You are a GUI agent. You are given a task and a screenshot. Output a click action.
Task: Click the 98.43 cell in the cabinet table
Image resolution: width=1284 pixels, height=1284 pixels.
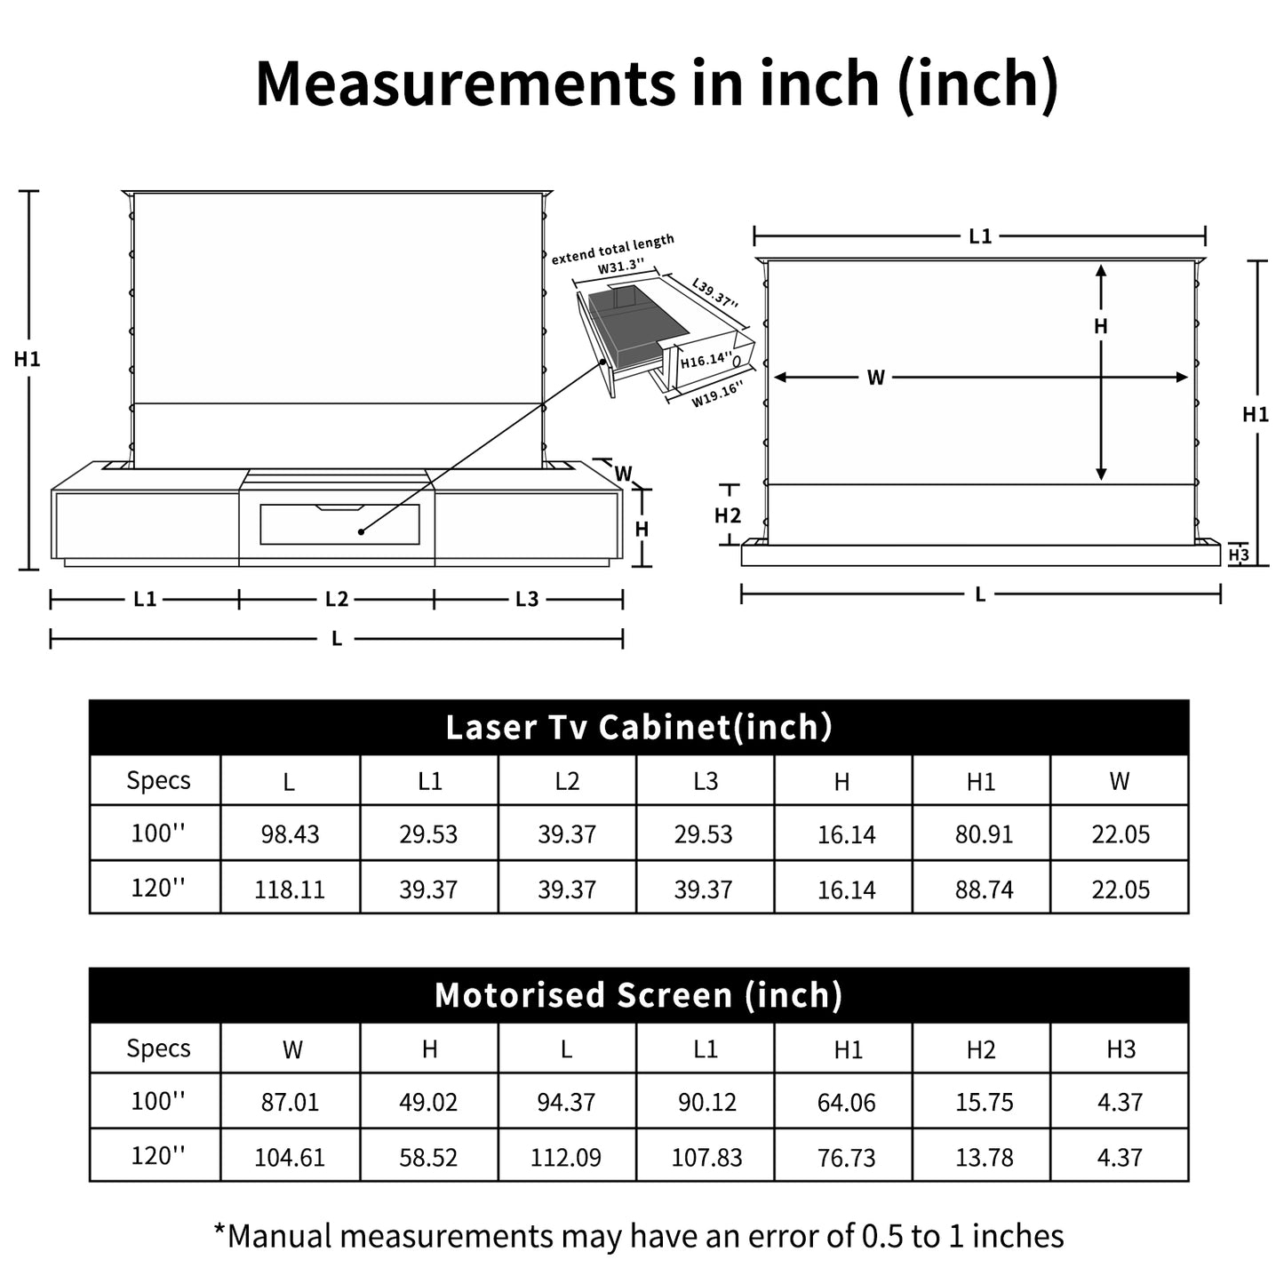[x=290, y=834]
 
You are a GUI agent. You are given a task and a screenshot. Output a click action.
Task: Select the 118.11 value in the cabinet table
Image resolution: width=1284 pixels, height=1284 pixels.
[x=290, y=889]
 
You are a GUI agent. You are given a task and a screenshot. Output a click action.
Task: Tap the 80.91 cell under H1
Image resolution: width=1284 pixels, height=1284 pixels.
[x=984, y=834]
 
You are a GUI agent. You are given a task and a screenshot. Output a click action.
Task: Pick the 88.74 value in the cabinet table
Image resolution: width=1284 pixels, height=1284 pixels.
[x=984, y=889]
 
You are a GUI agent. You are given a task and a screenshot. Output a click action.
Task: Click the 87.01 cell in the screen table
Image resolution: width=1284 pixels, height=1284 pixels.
[x=290, y=1103]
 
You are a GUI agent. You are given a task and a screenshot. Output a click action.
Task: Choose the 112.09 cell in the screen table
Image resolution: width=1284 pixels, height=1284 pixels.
[x=566, y=1157]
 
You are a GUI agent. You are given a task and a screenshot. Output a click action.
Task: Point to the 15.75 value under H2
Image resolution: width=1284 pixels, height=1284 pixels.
[x=984, y=1103]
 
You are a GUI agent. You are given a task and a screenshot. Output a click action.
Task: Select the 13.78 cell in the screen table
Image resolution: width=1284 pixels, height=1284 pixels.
[x=984, y=1157]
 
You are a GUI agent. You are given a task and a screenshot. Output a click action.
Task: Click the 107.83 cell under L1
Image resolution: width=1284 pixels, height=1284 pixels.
[x=706, y=1157]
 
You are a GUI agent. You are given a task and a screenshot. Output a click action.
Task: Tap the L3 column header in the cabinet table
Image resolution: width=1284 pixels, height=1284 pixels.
[x=706, y=781]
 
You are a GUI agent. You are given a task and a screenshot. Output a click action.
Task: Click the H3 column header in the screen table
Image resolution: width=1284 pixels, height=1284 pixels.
[x=1121, y=1049]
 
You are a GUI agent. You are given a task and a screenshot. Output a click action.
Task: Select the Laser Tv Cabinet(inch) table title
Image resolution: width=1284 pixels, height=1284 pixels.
[x=639, y=728]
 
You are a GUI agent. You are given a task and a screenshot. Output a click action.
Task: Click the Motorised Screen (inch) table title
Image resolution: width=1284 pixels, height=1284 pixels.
[x=639, y=995]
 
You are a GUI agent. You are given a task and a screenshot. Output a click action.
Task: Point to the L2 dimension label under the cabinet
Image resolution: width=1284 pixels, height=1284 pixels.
[x=337, y=600]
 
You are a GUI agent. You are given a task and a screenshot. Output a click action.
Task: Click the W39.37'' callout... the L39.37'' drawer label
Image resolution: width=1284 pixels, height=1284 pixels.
[x=715, y=294]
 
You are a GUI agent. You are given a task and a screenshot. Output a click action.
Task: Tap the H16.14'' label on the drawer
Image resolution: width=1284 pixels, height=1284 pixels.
[x=706, y=361]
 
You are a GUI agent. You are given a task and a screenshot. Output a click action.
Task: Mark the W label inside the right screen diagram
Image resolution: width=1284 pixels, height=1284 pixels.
[x=876, y=378]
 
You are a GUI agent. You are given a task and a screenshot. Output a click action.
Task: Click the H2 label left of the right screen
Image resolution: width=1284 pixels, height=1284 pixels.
[x=728, y=515]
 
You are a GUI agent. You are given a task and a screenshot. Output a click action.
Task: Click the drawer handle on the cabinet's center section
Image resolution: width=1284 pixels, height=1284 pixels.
[x=339, y=508]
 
